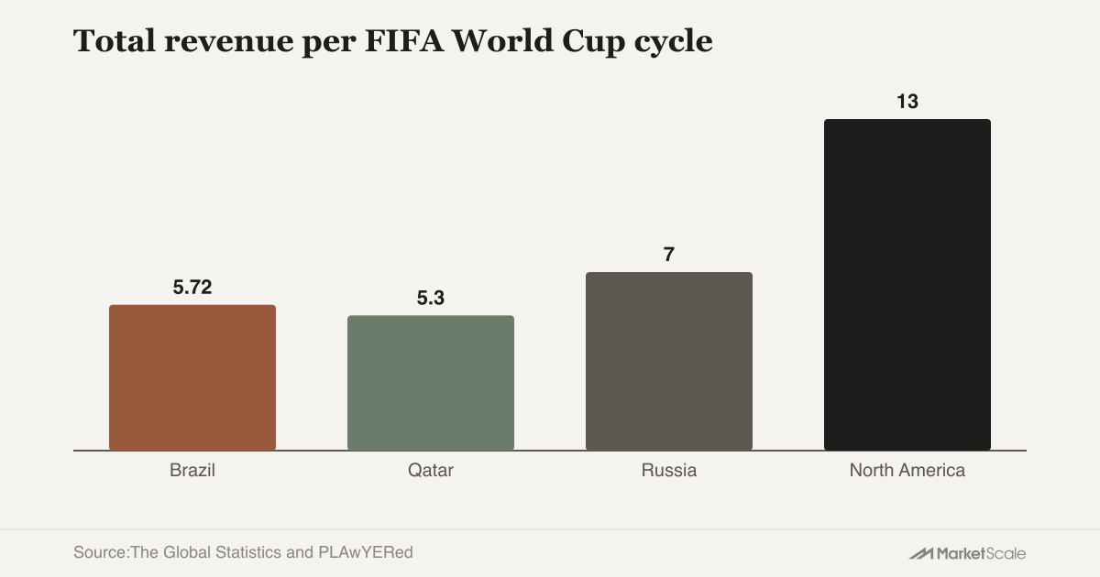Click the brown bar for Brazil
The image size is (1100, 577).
pyautogui.click(x=192, y=377)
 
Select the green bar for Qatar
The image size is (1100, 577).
pyautogui.click(x=431, y=383)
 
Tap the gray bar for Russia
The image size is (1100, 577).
pyautogui.click(x=669, y=361)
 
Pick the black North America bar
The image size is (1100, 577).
pyautogui.click(x=907, y=285)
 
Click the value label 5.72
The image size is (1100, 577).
pyautogui.click(x=192, y=287)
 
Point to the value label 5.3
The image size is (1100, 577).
pyautogui.click(x=431, y=298)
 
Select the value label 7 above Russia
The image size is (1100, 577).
pyautogui.click(x=669, y=255)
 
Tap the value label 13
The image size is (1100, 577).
pyautogui.click(x=907, y=102)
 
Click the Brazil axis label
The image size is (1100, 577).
pyautogui.click(x=192, y=470)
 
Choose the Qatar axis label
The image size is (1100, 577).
pyautogui.click(x=431, y=470)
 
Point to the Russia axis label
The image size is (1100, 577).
pyautogui.click(x=669, y=470)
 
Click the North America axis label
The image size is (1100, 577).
pyautogui.click(x=907, y=470)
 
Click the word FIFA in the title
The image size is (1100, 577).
pyautogui.click(x=404, y=40)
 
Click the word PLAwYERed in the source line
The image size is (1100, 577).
pyautogui.click(x=366, y=552)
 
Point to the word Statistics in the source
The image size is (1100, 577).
pyautogui.click(x=248, y=552)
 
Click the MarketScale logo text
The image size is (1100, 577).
pyautogui.click(x=981, y=553)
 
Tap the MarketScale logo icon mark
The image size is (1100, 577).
pyautogui.click(x=920, y=554)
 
